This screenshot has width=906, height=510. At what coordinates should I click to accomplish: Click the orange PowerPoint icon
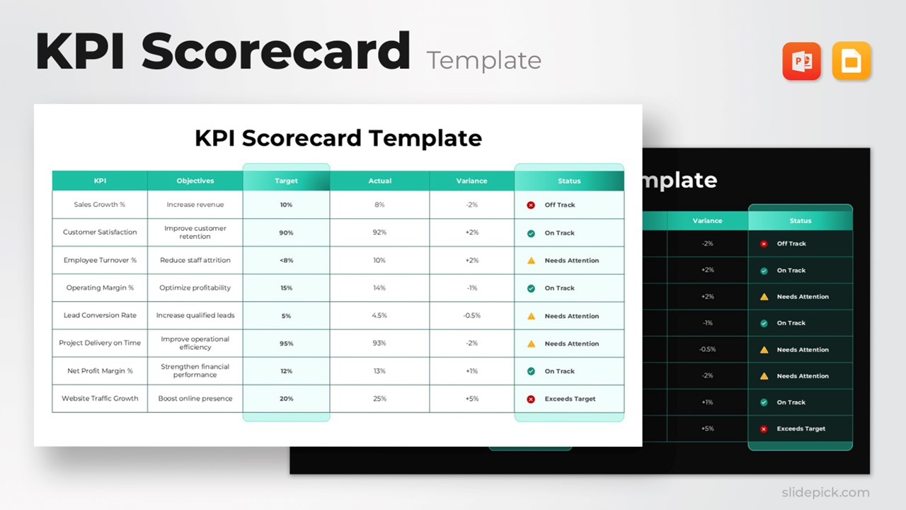tap(801, 62)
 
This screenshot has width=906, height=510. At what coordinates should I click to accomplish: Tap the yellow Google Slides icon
tap(851, 62)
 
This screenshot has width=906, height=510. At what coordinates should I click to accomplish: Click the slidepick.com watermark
tap(825, 492)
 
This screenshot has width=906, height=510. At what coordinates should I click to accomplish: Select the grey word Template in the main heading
tap(483, 61)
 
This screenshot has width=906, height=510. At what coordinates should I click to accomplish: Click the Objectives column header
tap(195, 181)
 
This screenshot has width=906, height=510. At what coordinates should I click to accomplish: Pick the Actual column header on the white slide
tap(379, 181)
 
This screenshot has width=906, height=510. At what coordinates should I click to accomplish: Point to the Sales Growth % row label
tap(100, 205)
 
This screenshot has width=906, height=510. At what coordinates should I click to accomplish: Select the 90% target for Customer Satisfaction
tap(286, 233)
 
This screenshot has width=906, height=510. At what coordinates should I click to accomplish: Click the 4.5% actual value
tap(379, 316)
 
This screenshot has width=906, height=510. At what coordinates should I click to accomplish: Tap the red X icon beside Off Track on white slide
tap(531, 205)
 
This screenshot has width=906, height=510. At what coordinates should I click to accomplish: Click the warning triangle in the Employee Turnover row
tap(531, 261)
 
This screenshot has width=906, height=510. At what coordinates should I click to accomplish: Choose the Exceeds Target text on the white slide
tap(570, 399)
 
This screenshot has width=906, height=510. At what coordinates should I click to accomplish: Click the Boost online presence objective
tap(195, 399)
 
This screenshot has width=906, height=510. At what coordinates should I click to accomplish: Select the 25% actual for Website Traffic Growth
tap(379, 399)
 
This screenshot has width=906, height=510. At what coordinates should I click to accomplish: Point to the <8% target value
tap(286, 261)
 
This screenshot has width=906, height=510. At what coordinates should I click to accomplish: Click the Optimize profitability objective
tap(195, 288)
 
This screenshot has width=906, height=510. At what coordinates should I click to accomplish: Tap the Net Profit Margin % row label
tap(100, 371)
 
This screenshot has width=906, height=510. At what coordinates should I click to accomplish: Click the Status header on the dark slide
tap(800, 221)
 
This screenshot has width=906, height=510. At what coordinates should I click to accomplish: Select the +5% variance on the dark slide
tap(707, 429)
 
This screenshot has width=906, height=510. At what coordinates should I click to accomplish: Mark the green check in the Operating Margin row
tap(531, 288)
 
